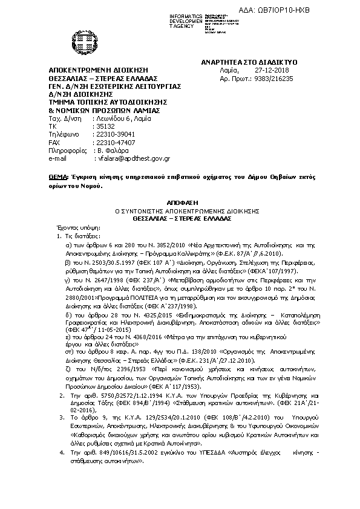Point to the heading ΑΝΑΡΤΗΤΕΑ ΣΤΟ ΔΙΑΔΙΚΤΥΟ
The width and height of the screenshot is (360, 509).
click(x=249, y=62)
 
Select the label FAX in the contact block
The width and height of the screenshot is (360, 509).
click(x=55, y=142)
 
